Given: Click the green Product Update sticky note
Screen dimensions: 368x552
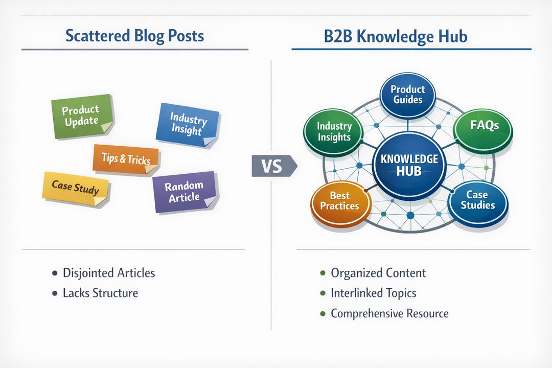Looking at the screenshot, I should tap(82, 116).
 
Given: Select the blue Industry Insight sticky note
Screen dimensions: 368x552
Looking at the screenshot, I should tap(188, 124).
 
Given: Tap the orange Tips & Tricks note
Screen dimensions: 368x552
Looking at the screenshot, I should tap(126, 159).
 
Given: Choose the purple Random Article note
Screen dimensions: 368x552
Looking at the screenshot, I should tap(184, 192).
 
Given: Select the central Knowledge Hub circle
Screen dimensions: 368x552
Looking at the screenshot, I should tap(409, 165).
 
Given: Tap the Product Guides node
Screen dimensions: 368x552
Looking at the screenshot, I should tap(407, 94).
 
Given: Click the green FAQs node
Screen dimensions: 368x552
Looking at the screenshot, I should tap(484, 126).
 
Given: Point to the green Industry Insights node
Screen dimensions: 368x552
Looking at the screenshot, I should tap(334, 131).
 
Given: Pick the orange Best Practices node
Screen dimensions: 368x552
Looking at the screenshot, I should tap(339, 201).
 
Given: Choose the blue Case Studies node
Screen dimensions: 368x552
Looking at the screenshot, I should tap(478, 200).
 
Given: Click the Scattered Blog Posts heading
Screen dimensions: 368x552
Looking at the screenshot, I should tap(135, 36).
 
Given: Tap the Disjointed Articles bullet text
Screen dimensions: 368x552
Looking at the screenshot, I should tap(109, 273).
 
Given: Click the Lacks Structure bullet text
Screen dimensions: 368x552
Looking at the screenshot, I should tap(100, 293).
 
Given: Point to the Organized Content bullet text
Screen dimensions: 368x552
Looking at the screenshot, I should tap(378, 273).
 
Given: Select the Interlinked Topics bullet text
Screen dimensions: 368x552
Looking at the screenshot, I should tap(373, 293).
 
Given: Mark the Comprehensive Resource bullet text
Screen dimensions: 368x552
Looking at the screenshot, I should tap(389, 313).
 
